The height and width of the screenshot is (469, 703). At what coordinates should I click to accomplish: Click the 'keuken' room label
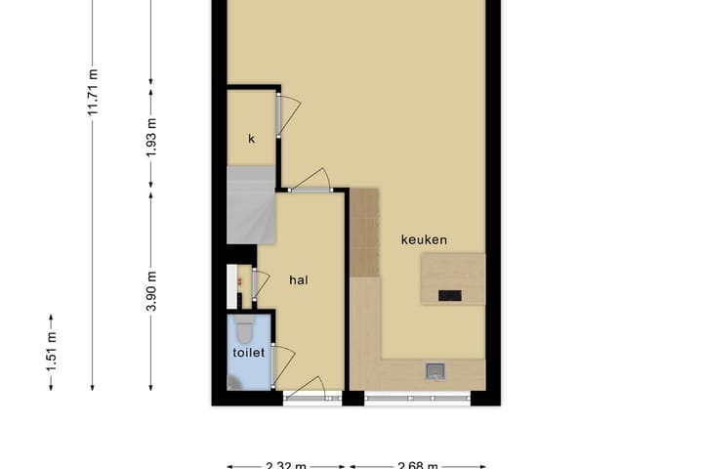[x=424, y=239]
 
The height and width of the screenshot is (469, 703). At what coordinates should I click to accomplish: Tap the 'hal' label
[x=299, y=279]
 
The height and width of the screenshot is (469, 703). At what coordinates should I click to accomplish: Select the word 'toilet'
[x=248, y=353]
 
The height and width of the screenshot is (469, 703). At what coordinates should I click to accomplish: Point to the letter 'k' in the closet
[x=251, y=139]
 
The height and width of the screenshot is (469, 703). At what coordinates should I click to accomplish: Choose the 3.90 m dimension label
[x=150, y=290]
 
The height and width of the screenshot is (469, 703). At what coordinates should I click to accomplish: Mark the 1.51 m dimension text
[x=51, y=352]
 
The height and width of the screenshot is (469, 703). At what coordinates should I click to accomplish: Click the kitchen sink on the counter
[x=435, y=370]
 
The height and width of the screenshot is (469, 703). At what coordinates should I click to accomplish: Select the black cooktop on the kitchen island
[x=451, y=295]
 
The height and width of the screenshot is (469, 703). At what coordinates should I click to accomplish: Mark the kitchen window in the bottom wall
[x=417, y=398]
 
